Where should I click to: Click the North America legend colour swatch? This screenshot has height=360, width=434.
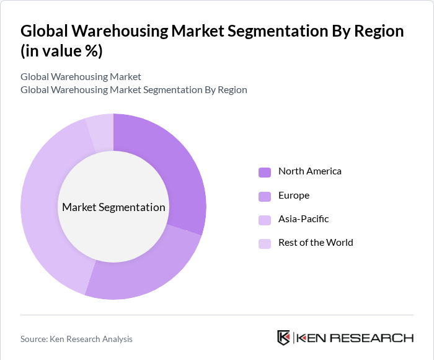pos(265,172)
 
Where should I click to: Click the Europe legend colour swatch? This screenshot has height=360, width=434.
pos(265,196)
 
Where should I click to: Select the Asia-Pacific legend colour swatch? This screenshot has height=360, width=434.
pos(265,220)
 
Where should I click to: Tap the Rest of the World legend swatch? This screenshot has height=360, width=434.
pos(265,243)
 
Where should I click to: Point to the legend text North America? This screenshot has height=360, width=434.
pos(309,171)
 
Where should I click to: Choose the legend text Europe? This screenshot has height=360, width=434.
pos(293,196)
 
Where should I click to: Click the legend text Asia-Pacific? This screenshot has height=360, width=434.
pos(303,219)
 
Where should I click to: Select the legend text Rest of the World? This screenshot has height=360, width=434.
pos(316,243)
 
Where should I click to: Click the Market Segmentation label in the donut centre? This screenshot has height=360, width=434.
pos(113,207)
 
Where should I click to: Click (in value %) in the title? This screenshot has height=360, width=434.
pos(61,52)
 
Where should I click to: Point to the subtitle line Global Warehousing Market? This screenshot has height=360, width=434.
pos(81,77)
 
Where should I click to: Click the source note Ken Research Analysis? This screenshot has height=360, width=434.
pos(76,339)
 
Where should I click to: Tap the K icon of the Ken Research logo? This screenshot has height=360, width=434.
pos(284,338)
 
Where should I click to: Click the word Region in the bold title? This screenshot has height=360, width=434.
pos(370,31)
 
